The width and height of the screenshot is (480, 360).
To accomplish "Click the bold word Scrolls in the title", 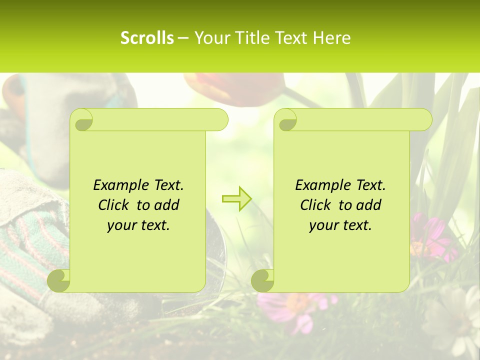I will [147, 38].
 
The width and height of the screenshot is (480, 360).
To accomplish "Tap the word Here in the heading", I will [332, 38].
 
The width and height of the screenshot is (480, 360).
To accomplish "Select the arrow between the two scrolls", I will [236, 199].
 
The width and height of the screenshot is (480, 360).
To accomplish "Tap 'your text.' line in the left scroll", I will [138, 225].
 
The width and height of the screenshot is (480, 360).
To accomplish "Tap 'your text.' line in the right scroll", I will [340, 225].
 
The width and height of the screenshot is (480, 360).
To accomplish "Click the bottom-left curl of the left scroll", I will [59, 280].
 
